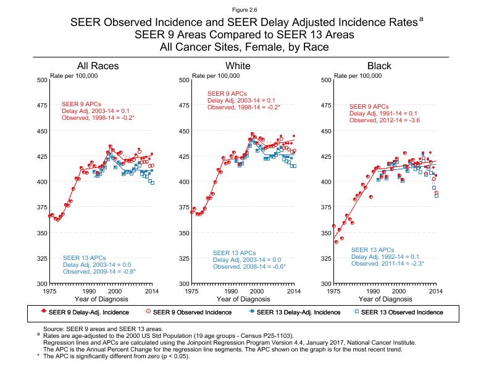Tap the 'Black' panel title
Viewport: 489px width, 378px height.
(x=379, y=66)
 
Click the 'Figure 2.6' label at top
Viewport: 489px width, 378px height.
(x=244, y=9)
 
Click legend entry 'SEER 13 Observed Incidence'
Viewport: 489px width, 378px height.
(x=401, y=312)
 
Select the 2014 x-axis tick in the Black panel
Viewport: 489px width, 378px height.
(x=436, y=290)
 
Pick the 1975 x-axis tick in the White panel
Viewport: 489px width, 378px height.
(x=192, y=290)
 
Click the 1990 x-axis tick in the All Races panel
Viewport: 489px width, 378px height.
(x=89, y=290)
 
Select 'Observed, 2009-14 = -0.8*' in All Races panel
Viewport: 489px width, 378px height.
(x=99, y=271)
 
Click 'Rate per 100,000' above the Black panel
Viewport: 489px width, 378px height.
(x=357, y=75)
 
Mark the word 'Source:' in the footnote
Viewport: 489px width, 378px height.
(x=53, y=330)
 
